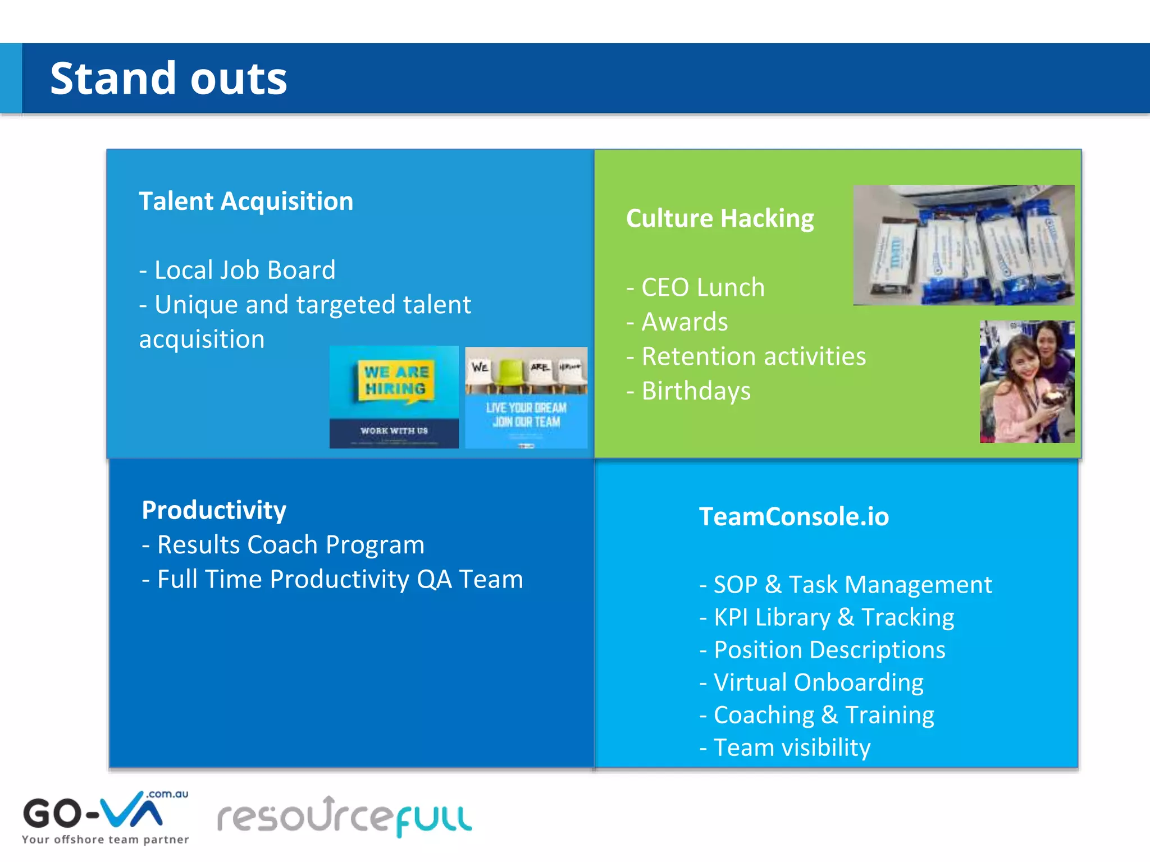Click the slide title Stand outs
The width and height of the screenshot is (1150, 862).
tap(168, 79)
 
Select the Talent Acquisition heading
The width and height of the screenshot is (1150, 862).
tap(246, 201)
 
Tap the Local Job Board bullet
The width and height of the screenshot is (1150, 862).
tap(238, 270)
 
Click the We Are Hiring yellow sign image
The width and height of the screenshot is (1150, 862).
tap(394, 397)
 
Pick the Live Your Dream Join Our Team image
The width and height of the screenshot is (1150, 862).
tap(526, 397)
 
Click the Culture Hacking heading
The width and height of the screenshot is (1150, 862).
tap(720, 218)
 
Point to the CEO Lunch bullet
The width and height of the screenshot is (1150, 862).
tap(696, 287)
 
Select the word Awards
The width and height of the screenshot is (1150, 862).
tap(684, 322)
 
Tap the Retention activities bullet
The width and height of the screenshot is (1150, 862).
tap(747, 356)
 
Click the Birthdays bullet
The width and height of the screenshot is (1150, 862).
tap(690, 391)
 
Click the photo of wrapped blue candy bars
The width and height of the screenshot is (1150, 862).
tap(964, 245)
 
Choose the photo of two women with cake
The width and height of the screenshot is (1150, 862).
tap(1027, 382)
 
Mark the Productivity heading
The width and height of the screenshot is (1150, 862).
tap(214, 510)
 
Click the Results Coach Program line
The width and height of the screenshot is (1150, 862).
tap(284, 545)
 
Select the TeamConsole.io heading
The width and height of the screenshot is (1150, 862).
tap(793, 516)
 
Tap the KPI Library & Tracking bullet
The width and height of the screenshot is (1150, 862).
tap(827, 617)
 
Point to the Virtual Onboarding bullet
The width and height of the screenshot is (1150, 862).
tap(812, 682)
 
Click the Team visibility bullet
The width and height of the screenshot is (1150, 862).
tap(786, 748)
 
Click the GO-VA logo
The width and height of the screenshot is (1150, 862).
tap(105, 817)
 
